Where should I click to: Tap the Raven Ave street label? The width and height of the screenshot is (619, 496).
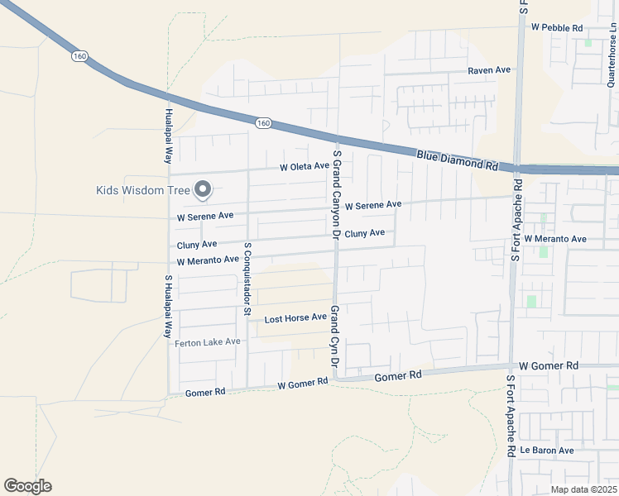pyautogui.click(x=489, y=71)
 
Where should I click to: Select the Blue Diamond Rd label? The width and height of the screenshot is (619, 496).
pyautogui.click(x=457, y=160)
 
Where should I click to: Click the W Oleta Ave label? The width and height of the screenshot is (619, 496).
pyautogui.click(x=305, y=167)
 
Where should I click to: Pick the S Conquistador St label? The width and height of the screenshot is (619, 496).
pyautogui.click(x=247, y=279)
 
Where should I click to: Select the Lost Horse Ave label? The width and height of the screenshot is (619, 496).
pyautogui.click(x=295, y=318)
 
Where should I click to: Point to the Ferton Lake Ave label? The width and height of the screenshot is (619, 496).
pyautogui.click(x=208, y=341)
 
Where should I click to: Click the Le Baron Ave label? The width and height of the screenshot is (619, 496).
pyautogui.click(x=546, y=451)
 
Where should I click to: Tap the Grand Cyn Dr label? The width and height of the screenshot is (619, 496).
pyautogui.click(x=335, y=336)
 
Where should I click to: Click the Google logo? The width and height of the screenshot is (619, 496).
pyautogui.click(x=27, y=486)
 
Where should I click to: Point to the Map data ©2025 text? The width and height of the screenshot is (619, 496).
pyautogui.click(x=583, y=489)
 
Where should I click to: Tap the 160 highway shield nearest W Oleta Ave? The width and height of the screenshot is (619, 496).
pyautogui.click(x=263, y=123)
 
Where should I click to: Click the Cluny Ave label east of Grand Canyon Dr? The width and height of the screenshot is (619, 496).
pyautogui.click(x=364, y=234)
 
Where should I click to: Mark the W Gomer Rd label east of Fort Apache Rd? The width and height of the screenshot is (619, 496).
pyautogui.click(x=548, y=365)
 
